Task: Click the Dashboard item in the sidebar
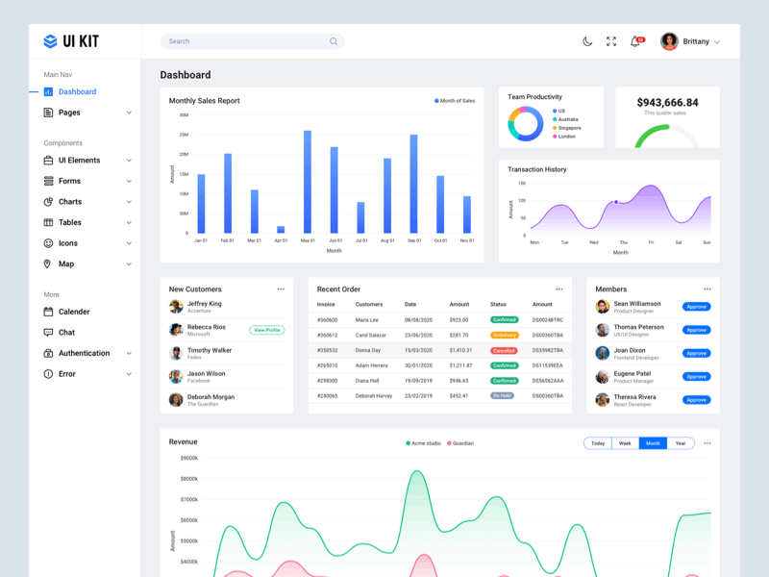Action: pos(76,92)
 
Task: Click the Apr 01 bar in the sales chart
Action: pos(281,230)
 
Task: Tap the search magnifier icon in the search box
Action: pos(334,41)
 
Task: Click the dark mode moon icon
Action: pos(587,41)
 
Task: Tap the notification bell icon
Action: pos(634,41)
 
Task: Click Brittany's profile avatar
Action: pos(669,41)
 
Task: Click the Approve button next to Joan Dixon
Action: pos(696,353)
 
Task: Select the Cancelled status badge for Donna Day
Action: pos(504,350)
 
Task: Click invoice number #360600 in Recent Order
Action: pos(327,319)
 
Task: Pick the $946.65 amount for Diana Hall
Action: pos(459,381)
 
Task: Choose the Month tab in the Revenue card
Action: pos(653,443)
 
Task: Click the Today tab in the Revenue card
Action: pos(598,443)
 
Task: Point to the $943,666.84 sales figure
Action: pos(667,102)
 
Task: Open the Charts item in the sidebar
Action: pos(70,202)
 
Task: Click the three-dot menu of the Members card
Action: pos(707,289)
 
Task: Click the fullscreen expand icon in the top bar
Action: pos(611,41)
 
